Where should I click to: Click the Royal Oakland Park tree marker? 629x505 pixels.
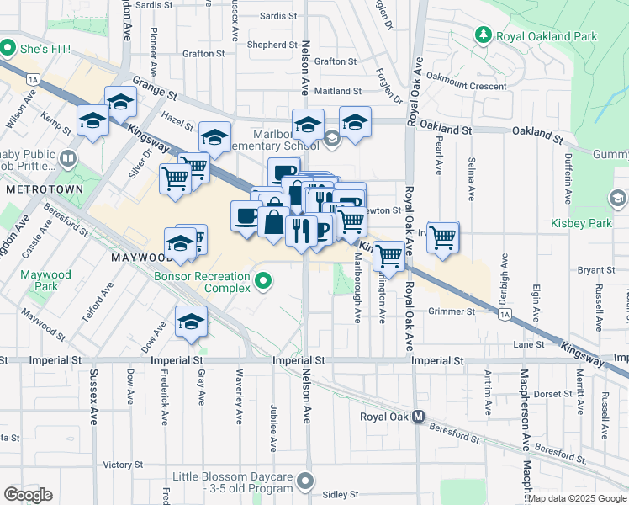pos(484,35)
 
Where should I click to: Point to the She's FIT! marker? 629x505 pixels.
pos(9,45)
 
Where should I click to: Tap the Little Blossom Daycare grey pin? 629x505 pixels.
pos(304,482)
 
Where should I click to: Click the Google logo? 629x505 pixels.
pos(28,495)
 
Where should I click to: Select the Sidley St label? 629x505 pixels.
pos(341,494)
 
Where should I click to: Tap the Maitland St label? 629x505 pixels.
pos(338,91)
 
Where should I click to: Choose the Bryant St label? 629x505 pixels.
pos(598,270)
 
